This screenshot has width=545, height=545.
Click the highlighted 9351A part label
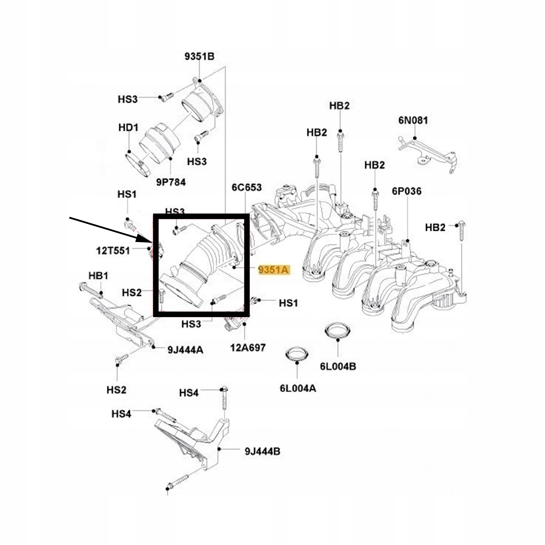tap(274, 270)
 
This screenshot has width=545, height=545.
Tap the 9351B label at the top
tap(199, 56)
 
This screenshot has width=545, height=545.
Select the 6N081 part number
tap(413, 120)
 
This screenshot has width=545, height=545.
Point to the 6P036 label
tap(407, 191)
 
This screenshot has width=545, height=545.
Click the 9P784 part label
tap(171, 182)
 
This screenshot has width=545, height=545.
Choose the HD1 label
tap(128, 128)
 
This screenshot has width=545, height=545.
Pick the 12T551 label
tap(113, 250)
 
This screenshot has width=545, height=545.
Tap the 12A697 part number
tap(248, 348)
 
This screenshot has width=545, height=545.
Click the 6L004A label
tap(298, 388)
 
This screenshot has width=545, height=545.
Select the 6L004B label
tap(338, 366)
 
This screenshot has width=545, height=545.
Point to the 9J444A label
tap(185, 350)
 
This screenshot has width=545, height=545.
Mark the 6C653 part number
tap(246, 187)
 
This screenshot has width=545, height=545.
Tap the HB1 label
tap(98, 276)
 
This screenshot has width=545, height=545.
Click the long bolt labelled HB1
tap(91, 291)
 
